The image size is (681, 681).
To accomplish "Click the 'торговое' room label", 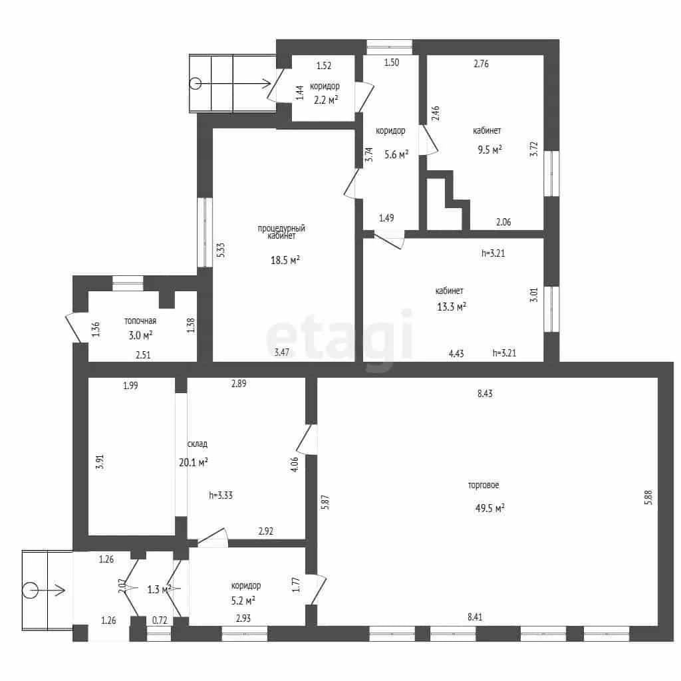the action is [483, 485].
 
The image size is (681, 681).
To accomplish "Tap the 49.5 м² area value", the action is [490, 507].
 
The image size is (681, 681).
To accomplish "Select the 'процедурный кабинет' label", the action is [281, 232].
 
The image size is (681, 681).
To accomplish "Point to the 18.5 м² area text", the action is [285, 260].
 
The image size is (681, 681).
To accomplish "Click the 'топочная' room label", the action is [140, 321].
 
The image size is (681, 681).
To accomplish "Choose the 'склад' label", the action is [197, 444].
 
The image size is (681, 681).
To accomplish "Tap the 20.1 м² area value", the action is [194, 462].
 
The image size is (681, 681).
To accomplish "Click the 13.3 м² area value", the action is [452, 307].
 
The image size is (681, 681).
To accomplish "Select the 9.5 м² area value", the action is [490, 150].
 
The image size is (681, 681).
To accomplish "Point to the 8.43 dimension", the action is [485, 394].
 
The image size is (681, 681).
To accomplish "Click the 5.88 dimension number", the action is [648, 497].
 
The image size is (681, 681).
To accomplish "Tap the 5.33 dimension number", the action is [221, 250].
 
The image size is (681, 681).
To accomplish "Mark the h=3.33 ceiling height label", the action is [221, 495].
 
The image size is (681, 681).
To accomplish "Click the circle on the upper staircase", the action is [196, 83].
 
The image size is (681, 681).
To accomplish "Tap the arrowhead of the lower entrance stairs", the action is [62, 591].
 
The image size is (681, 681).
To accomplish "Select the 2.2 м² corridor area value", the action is [326, 100].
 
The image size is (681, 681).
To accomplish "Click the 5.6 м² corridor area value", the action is [396, 154].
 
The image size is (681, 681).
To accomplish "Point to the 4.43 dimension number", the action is [456, 354].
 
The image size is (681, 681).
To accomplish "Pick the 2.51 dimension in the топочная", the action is [144, 355].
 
